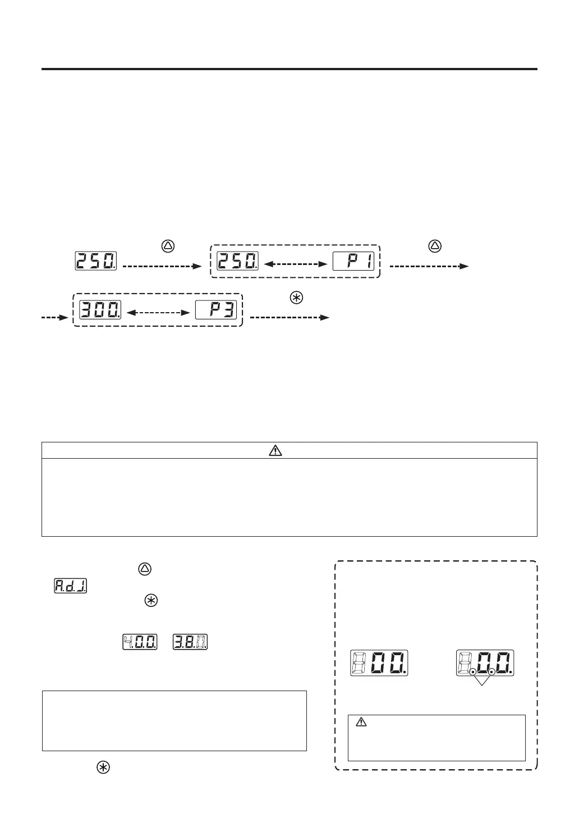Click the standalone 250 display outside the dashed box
96,261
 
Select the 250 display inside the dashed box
238,261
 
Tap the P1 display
353,261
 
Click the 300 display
100,309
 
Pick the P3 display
216,309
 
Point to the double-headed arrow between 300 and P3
159,313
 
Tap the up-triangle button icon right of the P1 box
435,245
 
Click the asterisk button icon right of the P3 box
296,298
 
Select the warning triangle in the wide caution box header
275,450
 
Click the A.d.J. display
70,586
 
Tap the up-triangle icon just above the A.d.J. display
145,569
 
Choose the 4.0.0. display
140,642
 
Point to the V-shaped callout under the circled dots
482,680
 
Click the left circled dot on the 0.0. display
473,671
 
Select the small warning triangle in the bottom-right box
362,723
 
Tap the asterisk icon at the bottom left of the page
103,768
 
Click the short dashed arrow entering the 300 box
54,318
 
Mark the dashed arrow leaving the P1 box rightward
429,267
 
